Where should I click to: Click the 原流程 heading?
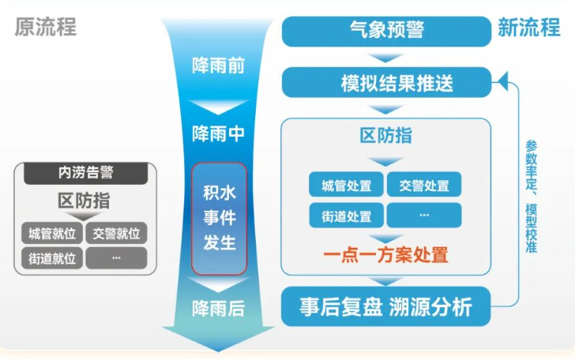point(46,27)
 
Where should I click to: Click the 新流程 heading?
point(529,27)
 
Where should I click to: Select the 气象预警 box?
point(386,31)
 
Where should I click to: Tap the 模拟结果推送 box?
point(386,82)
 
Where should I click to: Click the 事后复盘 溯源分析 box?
point(385,306)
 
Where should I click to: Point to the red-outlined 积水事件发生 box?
point(220,219)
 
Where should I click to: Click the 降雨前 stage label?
point(219,66)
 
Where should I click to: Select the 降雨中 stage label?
point(219,133)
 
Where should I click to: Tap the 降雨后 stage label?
point(219,309)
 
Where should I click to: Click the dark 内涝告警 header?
point(86,173)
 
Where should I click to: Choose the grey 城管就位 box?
point(52,233)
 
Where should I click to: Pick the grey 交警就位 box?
point(116,233)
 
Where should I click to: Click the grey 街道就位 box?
point(52,258)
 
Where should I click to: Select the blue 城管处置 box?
point(346,185)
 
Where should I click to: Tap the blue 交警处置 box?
point(424,185)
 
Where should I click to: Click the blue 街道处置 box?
point(346,216)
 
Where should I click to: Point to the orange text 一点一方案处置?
point(385,255)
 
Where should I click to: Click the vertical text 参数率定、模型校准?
point(532,197)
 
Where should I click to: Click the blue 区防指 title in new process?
point(385,136)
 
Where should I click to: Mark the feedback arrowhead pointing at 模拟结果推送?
point(503,82)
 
